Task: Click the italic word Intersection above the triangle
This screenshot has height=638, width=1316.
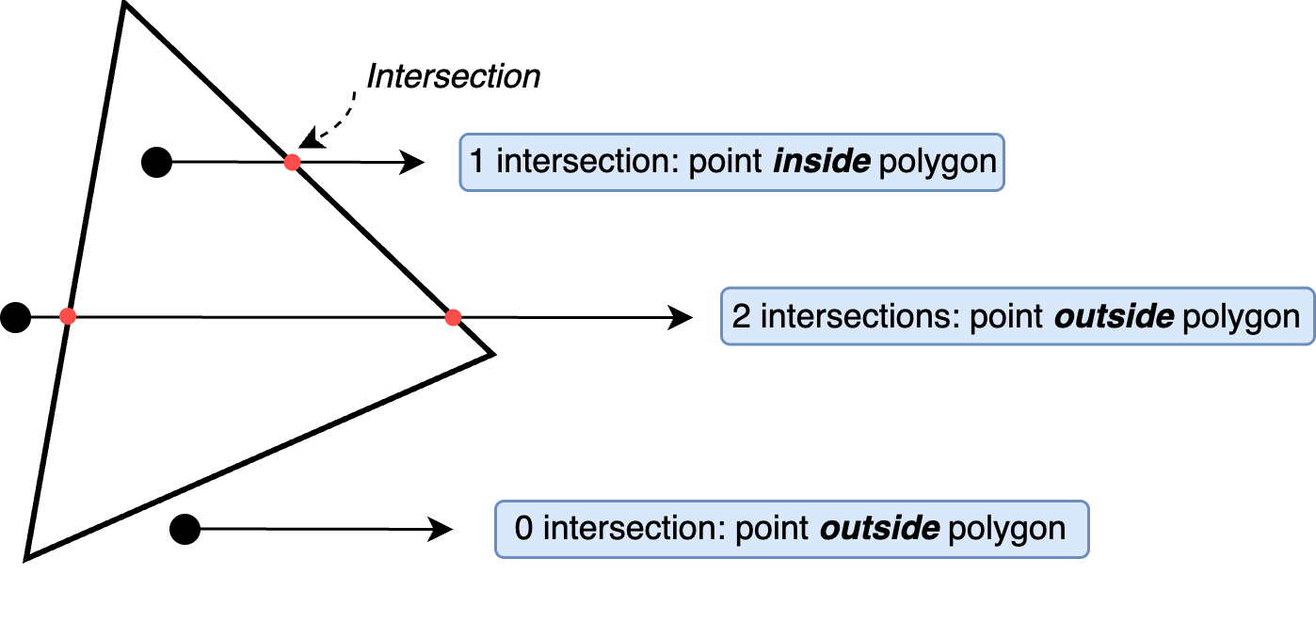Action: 453,76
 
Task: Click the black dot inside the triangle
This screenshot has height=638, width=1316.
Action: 156,162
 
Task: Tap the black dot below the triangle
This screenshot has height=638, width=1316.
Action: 185,530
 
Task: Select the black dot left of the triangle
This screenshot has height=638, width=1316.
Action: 15,318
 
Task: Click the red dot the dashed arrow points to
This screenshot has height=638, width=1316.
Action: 293,163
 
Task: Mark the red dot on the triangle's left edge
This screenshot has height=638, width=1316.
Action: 67,317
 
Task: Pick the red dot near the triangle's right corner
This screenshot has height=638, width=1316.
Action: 453,318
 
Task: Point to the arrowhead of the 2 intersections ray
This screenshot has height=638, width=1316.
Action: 680,318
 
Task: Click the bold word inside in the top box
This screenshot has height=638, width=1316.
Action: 821,162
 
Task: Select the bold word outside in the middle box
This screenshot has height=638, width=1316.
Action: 1114,317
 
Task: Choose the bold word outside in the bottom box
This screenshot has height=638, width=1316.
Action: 879,529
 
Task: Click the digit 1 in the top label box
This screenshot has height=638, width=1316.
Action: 477,162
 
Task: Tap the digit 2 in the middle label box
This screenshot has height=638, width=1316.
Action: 741,317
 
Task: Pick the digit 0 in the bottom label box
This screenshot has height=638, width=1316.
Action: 523,529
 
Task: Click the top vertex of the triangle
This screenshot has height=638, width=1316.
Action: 124,4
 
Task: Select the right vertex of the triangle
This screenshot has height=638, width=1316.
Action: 490,354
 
